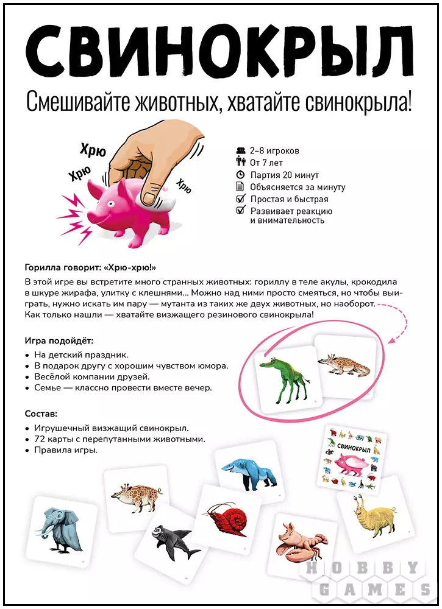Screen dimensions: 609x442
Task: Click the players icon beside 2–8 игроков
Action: (x=240, y=150)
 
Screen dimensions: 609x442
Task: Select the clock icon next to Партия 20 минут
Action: (x=240, y=175)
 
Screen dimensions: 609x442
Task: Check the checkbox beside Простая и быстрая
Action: (x=240, y=199)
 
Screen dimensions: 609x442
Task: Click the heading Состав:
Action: (x=40, y=414)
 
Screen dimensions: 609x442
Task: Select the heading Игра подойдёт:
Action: (x=59, y=340)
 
